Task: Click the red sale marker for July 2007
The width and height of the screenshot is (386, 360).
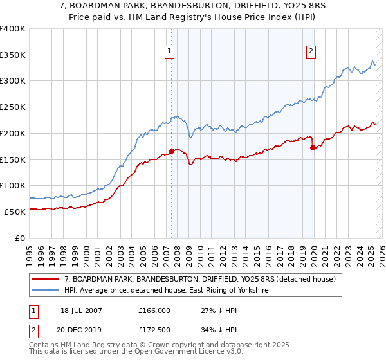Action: [171, 151]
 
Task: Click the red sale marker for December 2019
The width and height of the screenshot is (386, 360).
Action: [313, 147]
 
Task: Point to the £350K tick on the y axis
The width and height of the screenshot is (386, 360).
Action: [13, 55]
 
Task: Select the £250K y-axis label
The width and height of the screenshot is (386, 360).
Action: [13, 107]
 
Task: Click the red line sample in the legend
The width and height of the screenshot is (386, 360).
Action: [46, 279]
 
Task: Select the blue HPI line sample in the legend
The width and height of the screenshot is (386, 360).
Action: [46, 291]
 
